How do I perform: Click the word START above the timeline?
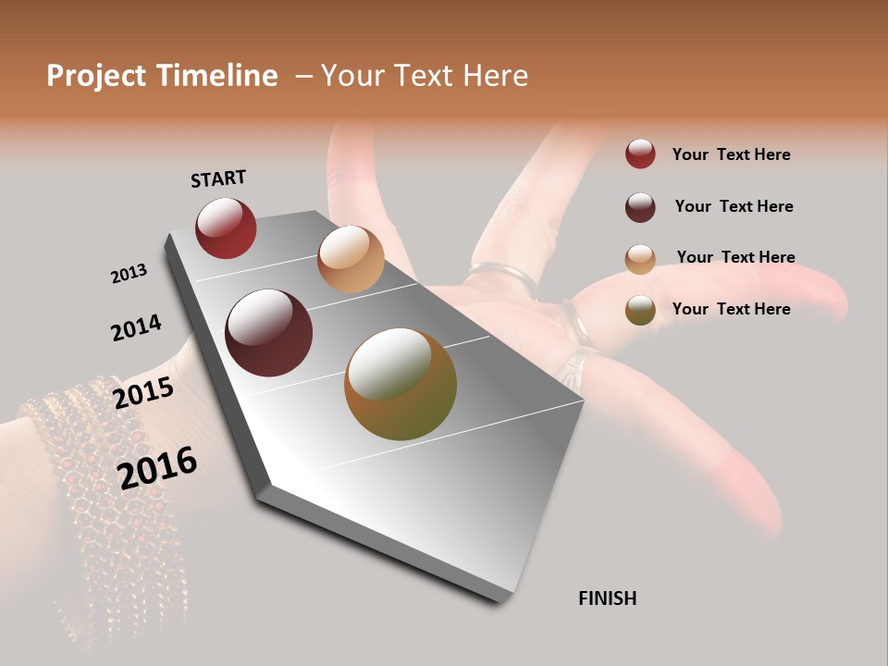click(x=218, y=179)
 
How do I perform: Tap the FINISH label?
click(x=607, y=598)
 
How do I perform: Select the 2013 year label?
click(x=129, y=274)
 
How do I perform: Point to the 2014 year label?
click(x=136, y=328)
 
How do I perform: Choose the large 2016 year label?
click(x=157, y=468)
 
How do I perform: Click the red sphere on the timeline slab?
click(x=226, y=228)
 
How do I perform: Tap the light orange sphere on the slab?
click(x=351, y=259)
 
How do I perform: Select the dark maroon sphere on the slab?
click(x=268, y=333)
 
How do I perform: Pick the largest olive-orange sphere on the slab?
click(x=401, y=384)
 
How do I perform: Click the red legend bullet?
click(x=640, y=154)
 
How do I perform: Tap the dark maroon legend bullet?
click(x=640, y=206)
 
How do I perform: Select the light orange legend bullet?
click(x=640, y=258)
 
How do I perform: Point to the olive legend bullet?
click(x=640, y=310)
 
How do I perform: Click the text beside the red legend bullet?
click(x=731, y=154)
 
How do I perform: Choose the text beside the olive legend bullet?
click(x=731, y=309)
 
